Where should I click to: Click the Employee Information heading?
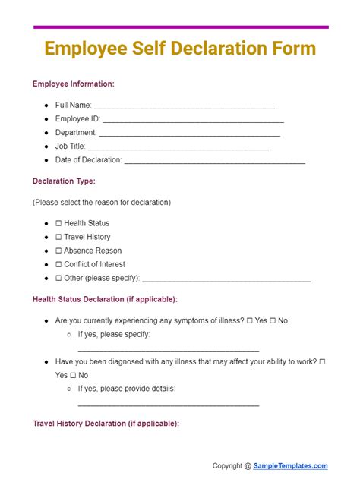74,84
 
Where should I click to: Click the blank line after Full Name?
184,107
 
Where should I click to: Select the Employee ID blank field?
193,121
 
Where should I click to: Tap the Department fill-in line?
190,134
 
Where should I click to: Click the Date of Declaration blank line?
214,162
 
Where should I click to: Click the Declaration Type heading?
64,181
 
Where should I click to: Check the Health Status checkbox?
58,223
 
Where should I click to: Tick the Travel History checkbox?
58,237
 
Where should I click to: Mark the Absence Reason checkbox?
58,251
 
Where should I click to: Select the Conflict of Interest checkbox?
58,264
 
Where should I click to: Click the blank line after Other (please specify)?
226,279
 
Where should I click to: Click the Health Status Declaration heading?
105,299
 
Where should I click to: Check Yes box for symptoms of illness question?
250,320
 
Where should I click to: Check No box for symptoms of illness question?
273,320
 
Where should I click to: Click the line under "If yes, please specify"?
168,349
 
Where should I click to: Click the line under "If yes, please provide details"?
168,404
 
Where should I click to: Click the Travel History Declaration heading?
106,424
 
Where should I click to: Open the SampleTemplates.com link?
291,466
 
